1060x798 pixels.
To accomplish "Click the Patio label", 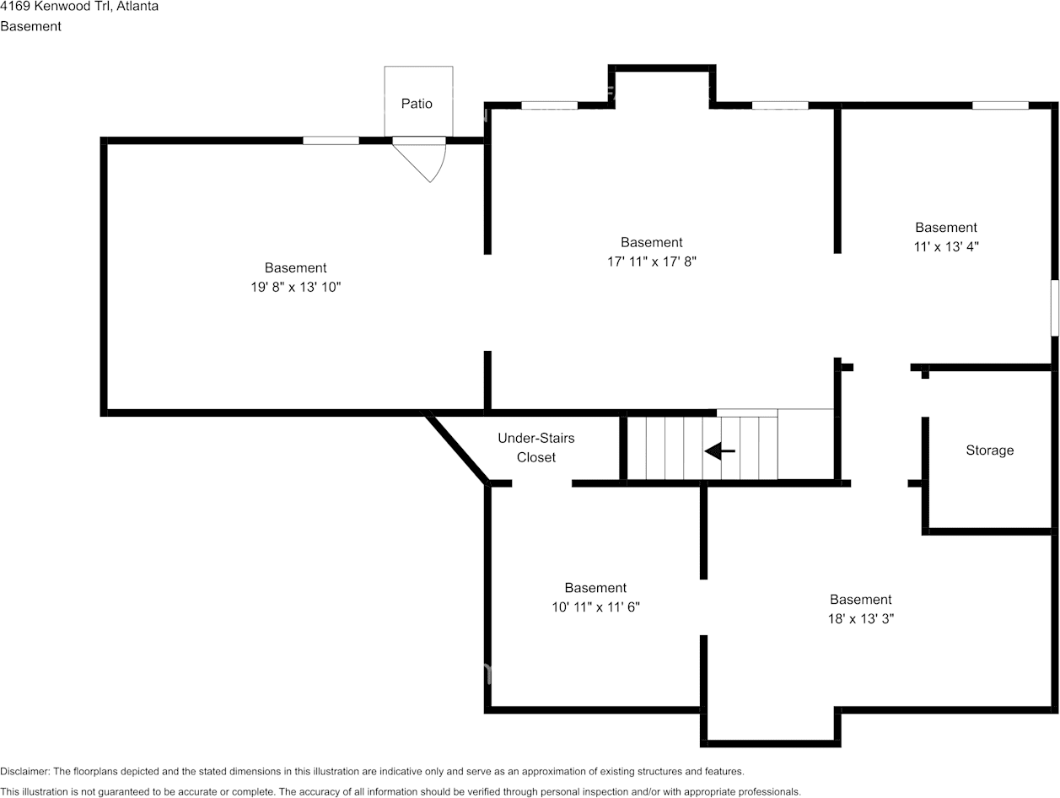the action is (417, 104).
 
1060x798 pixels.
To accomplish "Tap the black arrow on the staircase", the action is (719, 450).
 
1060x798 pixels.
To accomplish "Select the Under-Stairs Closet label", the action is (536, 447).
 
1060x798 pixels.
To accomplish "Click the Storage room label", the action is (989, 450).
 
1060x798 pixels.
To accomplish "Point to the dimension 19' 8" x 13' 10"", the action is (295, 287).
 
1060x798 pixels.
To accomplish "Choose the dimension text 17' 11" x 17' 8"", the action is (652, 262).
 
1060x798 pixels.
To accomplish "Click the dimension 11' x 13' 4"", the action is (946, 246).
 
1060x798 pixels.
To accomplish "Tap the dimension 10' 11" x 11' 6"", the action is (595, 607).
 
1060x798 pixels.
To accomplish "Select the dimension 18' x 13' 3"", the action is (860, 618).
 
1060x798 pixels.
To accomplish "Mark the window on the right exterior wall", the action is (1055, 308).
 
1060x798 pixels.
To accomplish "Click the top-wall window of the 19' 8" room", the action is (331, 141).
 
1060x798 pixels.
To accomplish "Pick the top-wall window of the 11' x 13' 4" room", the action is (1000, 105).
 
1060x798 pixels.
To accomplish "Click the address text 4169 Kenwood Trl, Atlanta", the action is (79, 7).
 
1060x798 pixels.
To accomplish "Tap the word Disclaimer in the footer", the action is (24, 772).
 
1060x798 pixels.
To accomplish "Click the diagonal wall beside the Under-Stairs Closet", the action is (455, 447).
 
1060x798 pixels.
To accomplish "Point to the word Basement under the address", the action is (30, 26).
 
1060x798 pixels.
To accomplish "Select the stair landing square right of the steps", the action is (805, 444).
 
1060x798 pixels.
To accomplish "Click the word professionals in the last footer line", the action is (770, 792).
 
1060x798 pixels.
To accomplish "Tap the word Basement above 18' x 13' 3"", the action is (860, 600).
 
